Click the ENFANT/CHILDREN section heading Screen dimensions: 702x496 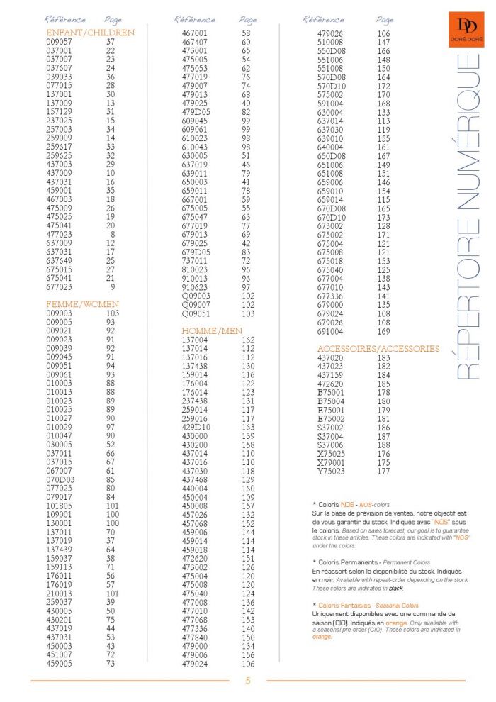(x=90, y=33)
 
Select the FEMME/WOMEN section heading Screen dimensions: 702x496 (x=82, y=304)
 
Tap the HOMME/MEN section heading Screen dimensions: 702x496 (x=212, y=331)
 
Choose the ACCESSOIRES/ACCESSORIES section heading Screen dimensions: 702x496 (x=378, y=349)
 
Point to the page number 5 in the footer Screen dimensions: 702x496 (x=248, y=680)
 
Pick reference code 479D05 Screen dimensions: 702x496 (x=196, y=112)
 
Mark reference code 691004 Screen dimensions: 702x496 (x=330, y=330)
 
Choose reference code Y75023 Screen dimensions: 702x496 (x=330, y=471)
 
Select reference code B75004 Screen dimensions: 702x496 (x=330, y=401)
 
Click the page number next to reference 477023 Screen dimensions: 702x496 (x=112, y=235)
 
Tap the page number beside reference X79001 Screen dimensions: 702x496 (x=384, y=462)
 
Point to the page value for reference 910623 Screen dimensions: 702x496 (x=246, y=287)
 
